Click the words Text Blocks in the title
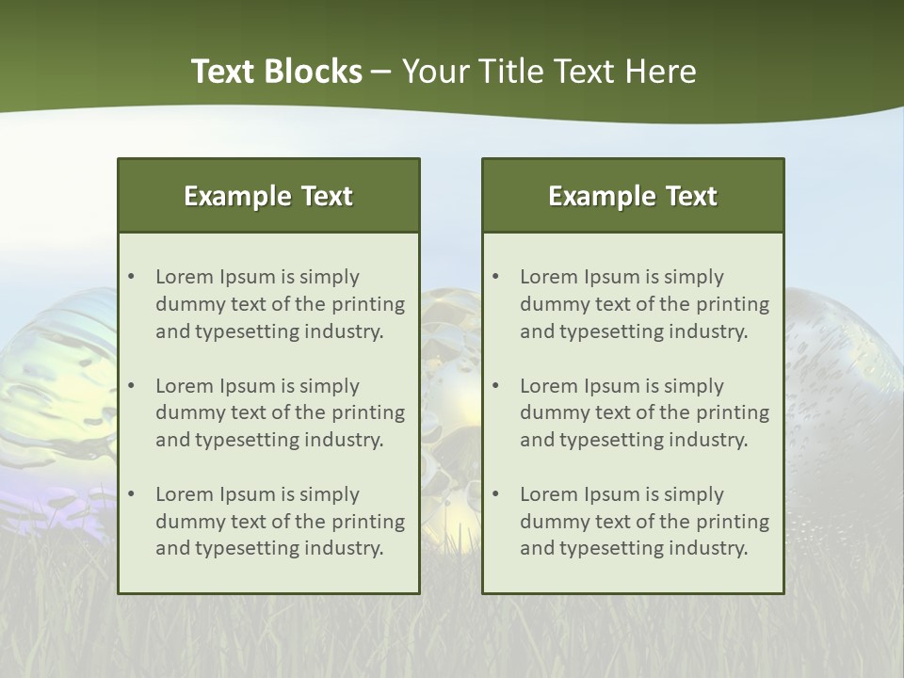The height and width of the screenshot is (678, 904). (276, 72)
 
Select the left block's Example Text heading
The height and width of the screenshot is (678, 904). (268, 196)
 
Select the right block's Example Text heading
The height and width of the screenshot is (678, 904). (633, 196)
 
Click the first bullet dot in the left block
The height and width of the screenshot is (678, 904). (131, 277)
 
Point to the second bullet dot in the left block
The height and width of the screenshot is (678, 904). (131, 386)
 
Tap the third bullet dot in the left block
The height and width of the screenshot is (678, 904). (131, 494)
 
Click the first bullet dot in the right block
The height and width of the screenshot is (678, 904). (495, 277)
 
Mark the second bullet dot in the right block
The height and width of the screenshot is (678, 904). (495, 386)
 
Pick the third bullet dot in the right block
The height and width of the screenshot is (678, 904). (495, 494)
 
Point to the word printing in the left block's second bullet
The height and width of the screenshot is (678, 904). (369, 412)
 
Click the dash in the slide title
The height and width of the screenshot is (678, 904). (381, 72)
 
